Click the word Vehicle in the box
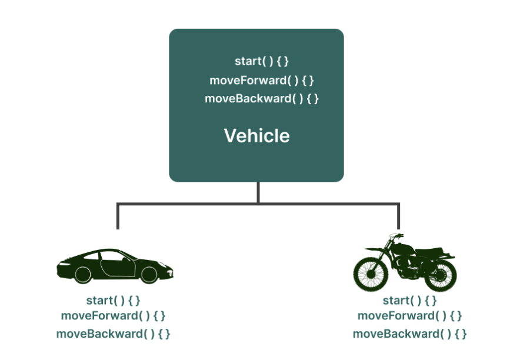click(x=256, y=136)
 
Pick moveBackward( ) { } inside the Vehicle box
click(x=262, y=98)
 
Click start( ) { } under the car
click(x=114, y=301)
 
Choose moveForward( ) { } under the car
click(x=114, y=316)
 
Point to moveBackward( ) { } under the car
click(x=114, y=334)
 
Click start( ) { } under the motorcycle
click(x=410, y=301)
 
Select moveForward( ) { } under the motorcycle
click(x=410, y=316)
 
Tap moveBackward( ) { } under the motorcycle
click(x=410, y=334)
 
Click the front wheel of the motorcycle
click(x=371, y=272)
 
